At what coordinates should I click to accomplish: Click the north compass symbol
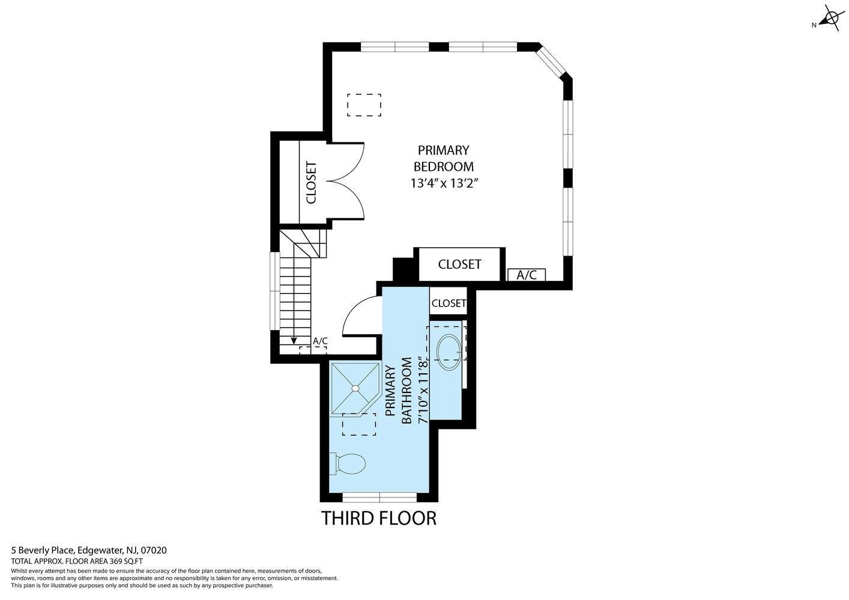pyautogui.click(x=831, y=18)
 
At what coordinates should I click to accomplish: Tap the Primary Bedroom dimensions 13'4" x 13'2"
pyautogui.click(x=444, y=184)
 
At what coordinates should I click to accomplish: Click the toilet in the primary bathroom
pyautogui.click(x=347, y=464)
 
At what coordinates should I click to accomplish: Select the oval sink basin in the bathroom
pyautogui.click(x=449, y=352)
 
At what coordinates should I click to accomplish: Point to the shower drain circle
pyautogui.click(x=355, y=388)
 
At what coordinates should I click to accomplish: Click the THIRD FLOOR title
pyautogui.click(x=379, y=518)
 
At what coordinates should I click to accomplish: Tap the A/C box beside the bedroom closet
pyautogui.click(x=527, y=275)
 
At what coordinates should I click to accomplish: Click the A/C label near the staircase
pyautogui.click(x=320, y=341)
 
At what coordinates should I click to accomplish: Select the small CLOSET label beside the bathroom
pyautogui.click(x=449, y=304)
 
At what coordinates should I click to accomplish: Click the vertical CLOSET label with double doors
pyautogui.click(x=311, y=183)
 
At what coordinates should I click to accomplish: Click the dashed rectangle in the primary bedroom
pyautogui.click(x=364, y=106)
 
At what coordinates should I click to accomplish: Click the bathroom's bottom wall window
pyautogui.click(x=379, y=497)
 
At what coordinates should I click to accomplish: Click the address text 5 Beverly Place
pyautogui.click(x=44, y=550)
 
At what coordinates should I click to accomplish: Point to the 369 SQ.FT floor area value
pyautogui.click(x=126, y=562)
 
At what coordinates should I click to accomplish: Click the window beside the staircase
pyautogui.click(x=275, y=291)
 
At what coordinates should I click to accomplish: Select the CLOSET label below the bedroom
pyautogui.click(x=460, y=265)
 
